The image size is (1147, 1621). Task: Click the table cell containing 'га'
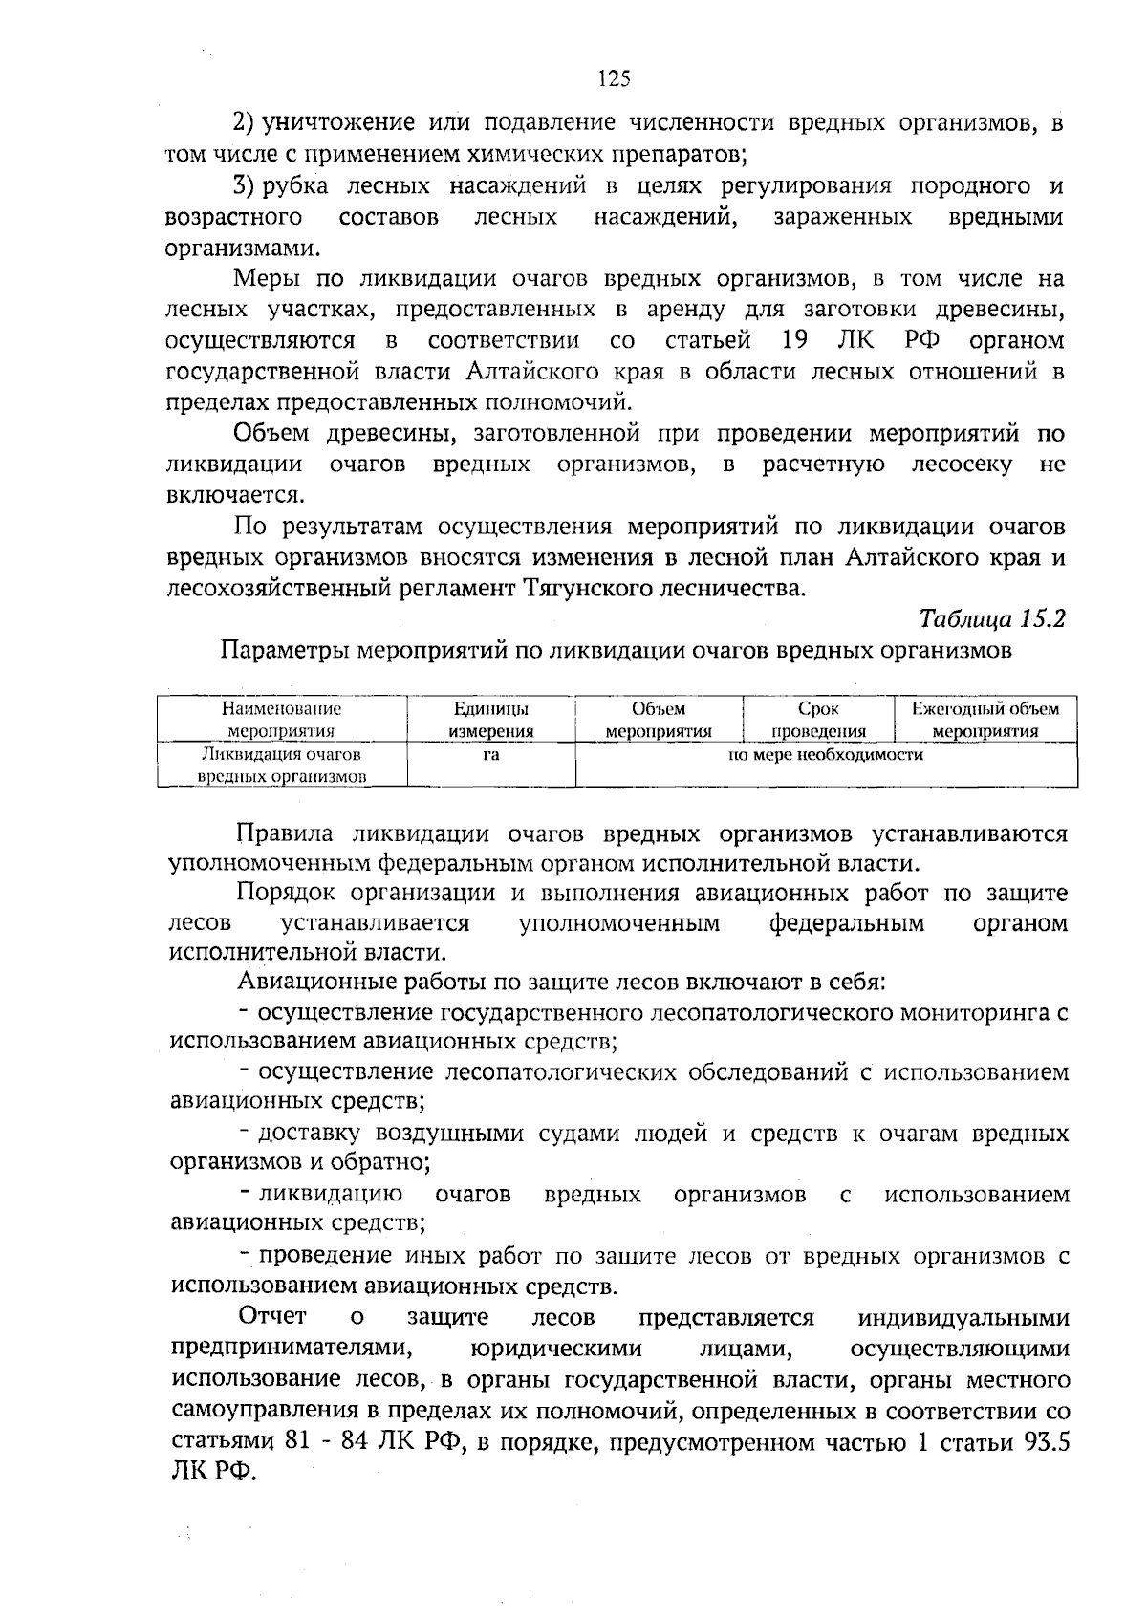(x=490, y=755)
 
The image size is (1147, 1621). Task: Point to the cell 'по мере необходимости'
(x=826, y=755)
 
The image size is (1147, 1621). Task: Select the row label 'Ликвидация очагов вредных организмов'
(x=282, y=766)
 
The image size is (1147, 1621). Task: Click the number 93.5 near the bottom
(x=1046, y=1442)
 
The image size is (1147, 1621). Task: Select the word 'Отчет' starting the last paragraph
(x=272, y=1318)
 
